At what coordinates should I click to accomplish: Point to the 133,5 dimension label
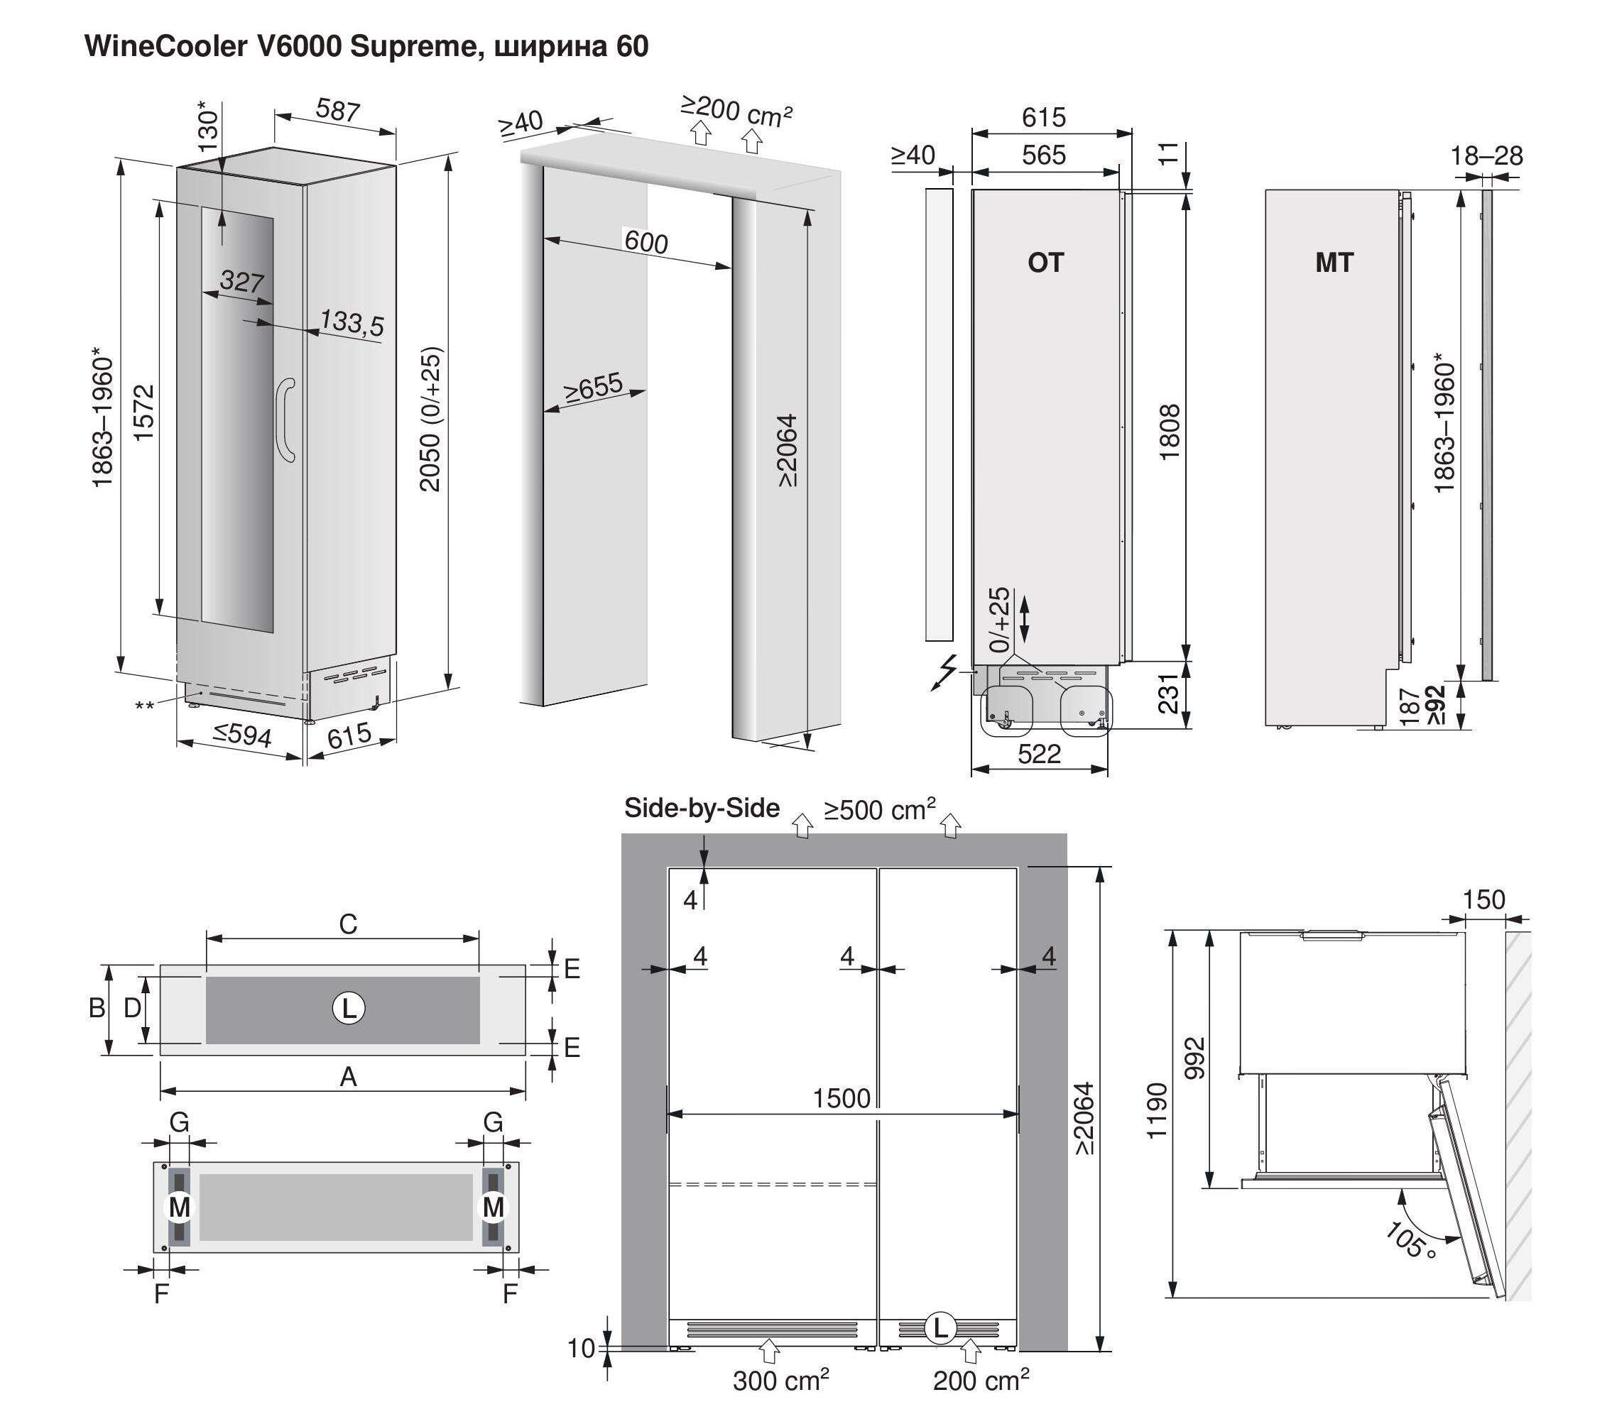pyautogui.click(x=352, y=322)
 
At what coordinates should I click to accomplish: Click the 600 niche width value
pyautogui.click(x=646, y=241)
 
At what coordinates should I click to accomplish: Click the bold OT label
pyautogui.click(x=1046, y=263)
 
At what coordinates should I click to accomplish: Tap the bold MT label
pyautogui.click(x=1334, y=263)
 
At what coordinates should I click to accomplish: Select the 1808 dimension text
pyautogui.click(x=1170, y=432)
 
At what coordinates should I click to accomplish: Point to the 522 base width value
pyautogui.click(x=1039, y=755)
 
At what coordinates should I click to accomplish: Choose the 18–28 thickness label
pyautogui.click(x=1486, y=156)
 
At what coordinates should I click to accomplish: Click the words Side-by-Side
pyautogui.click(x=702, y=809)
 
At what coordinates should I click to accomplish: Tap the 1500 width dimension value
pyautogui.click(x=842, y=1098)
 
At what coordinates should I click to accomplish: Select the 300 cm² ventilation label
pyautogui.click(x=780, y=1381)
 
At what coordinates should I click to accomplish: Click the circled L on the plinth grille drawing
pyautogui.click(x=349, y=1008)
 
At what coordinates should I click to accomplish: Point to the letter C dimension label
pyautogui.click(x=348, y=924)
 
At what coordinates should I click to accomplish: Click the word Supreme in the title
pyautogui.click(x=410, y=47)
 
